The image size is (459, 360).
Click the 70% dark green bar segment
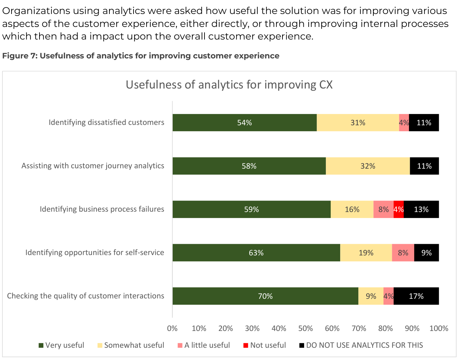coord(265,296)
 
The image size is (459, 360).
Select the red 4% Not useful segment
coord(399,209)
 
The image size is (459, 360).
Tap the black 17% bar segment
coord(416,296)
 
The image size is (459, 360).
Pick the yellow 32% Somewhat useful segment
coord(368,166)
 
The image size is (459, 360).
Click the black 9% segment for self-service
coord(426,253)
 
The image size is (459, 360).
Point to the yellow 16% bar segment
coord(352,209)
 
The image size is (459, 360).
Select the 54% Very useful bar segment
coord(244,122)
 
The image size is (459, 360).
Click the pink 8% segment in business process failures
coord(383,209)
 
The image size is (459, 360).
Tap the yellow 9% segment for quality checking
coord(371,296)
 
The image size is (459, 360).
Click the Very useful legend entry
coord(61,345)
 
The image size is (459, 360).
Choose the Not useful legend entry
coord(264,345)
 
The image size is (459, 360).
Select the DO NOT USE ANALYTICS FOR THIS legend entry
coord(361,345)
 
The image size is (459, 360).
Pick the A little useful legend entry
coord(203,345)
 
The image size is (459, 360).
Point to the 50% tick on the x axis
coord(306,329)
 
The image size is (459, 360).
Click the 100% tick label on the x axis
coord(439,329)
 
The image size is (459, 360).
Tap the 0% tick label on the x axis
coord(172,329)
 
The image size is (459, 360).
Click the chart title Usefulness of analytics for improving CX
coord(229,85)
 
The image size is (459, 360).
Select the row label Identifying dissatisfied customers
coord(106,122)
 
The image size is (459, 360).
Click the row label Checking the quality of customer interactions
coord(86,296)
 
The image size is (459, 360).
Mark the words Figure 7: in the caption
coord(20,56)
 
